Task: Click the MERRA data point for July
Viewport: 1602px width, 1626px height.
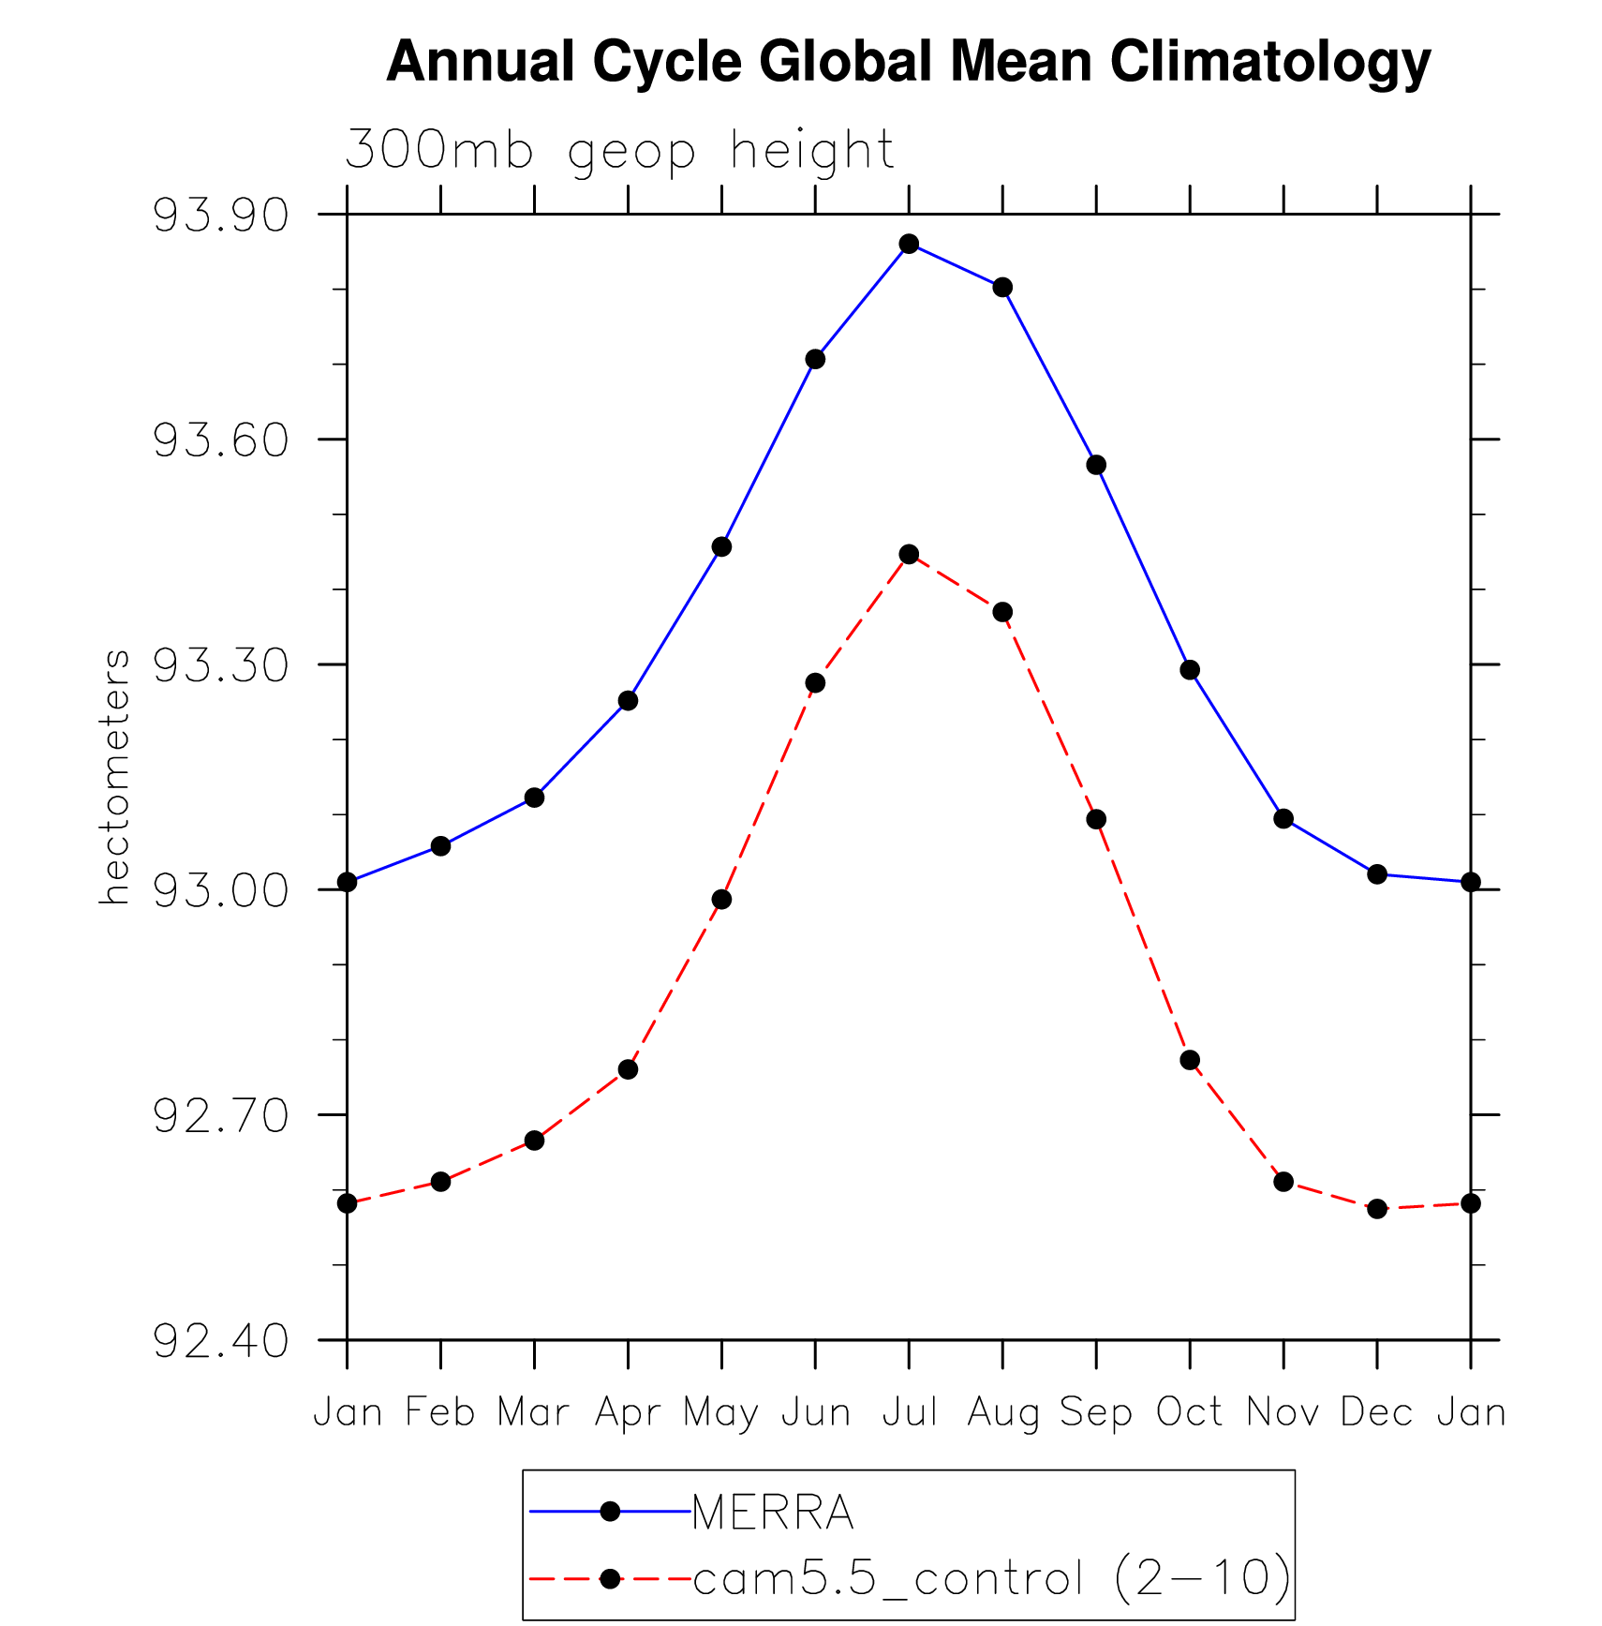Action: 909,244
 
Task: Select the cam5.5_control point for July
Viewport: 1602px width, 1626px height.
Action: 909,555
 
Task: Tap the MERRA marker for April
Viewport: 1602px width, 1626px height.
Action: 628,701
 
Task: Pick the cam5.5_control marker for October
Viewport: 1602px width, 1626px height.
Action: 1190,1060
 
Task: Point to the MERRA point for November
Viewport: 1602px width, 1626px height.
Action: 1283,819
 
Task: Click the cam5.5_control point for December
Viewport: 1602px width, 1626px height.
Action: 1377,1209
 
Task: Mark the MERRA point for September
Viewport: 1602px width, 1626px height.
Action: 1096,465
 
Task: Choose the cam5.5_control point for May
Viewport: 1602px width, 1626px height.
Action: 721,900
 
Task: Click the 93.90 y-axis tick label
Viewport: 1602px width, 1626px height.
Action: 220,216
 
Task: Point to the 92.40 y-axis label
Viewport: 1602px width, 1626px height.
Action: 220,1341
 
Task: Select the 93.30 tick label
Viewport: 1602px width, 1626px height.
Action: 220,665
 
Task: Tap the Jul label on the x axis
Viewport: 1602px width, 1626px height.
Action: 910,1412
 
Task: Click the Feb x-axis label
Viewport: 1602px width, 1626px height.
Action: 440,1412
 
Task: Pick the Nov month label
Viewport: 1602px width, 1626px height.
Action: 1283,1412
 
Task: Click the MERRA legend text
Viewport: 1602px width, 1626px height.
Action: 773,1512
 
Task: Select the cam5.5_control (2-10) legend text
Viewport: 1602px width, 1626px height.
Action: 991,1579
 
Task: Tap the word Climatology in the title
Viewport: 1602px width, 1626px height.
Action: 1270,62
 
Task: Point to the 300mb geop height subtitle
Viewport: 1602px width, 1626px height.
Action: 619,150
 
